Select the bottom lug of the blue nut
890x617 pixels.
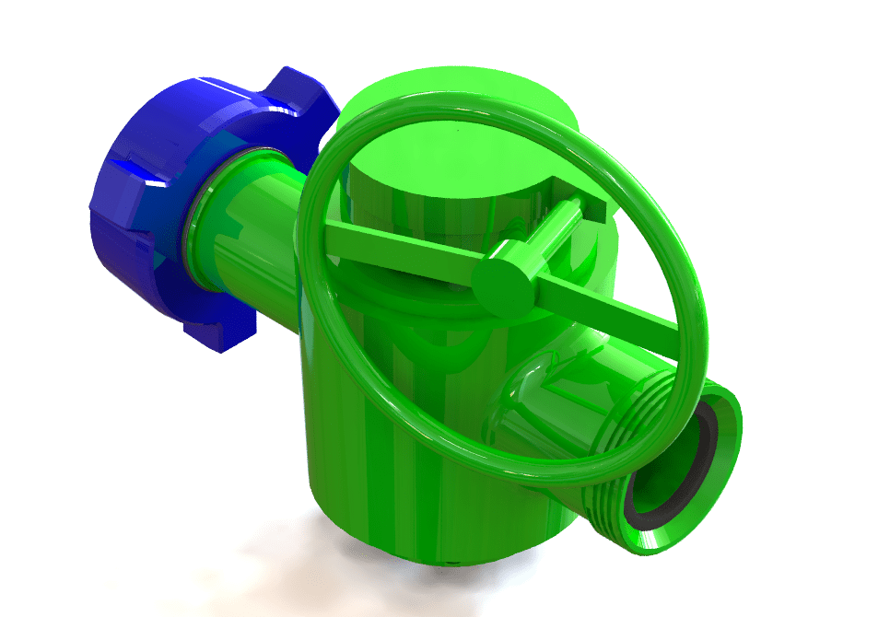pos(221,332)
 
